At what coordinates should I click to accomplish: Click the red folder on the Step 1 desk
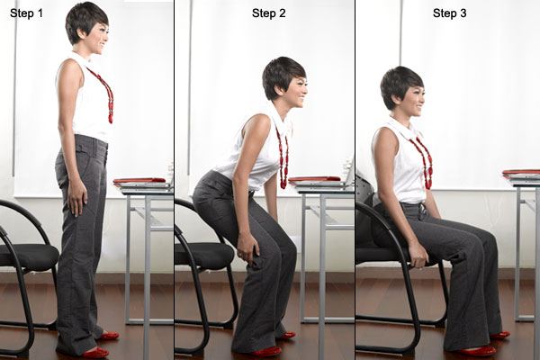139,181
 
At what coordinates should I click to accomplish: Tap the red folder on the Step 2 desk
314,179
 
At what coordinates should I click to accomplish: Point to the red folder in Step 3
522,172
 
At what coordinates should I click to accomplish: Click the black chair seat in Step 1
27,256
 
